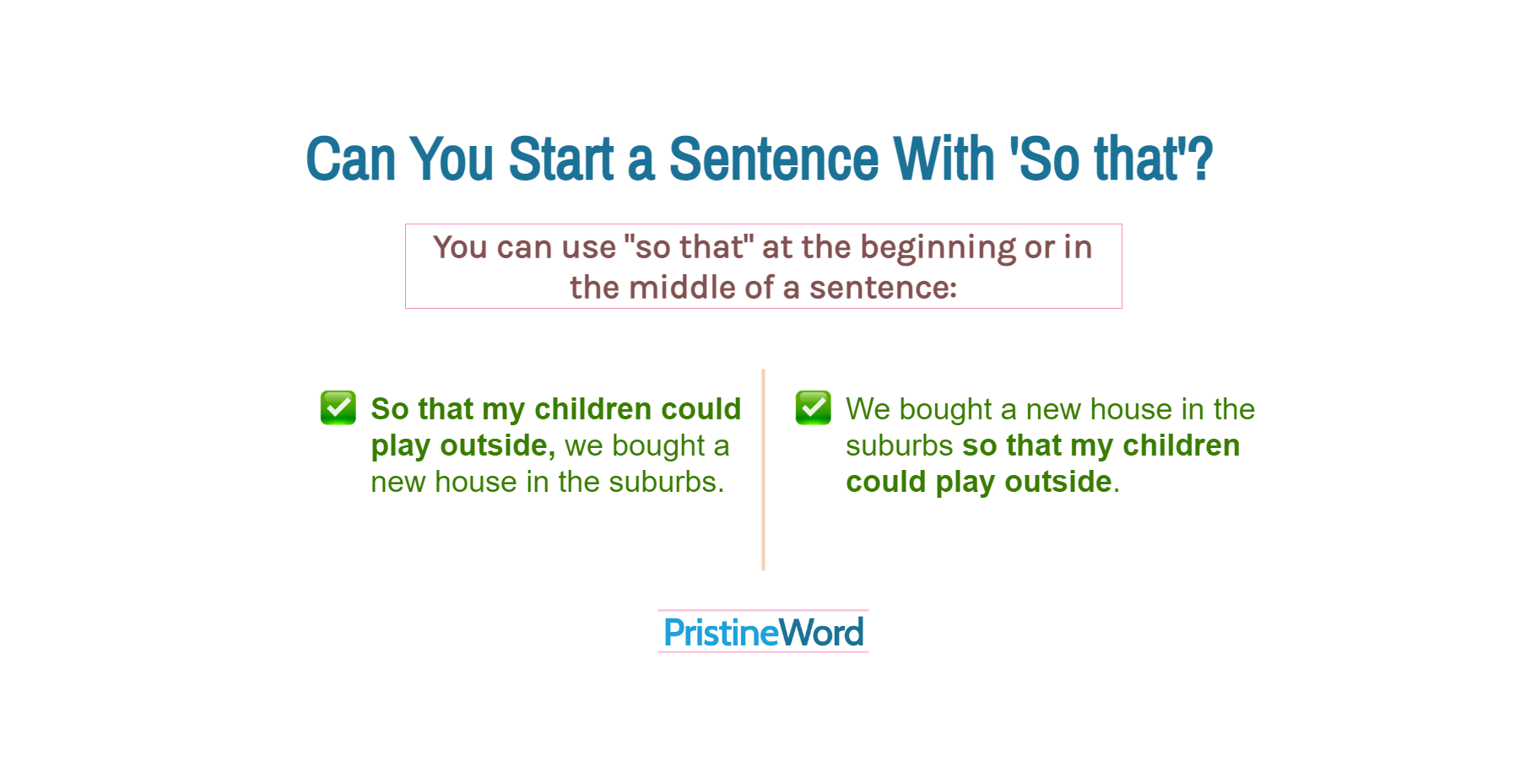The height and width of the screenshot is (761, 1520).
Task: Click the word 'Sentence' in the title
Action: click(773, 159)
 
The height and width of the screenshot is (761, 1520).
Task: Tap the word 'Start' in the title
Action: click(561, 159)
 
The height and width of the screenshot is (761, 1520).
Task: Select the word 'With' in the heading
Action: click(944, 159)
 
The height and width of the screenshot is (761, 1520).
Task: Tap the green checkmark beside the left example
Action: click(338, 408)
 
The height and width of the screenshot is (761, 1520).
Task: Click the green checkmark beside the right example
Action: click(814, 408)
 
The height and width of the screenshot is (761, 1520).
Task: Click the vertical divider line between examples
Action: click(763, 469)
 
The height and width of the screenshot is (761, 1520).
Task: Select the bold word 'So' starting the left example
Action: click(390, 409)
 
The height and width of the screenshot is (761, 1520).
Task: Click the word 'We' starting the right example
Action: click(868, 409)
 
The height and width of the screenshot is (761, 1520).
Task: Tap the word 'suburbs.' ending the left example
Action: click(666, 482)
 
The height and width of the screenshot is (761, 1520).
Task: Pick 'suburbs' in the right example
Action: click(899, 445)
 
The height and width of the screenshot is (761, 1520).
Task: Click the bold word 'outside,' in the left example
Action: click(497, 445)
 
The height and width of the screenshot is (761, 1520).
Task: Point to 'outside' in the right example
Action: click(1058, 482)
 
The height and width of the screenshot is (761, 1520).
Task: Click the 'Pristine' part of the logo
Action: click(720, 633)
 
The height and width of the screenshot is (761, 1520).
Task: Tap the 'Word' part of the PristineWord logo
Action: click(821, 633)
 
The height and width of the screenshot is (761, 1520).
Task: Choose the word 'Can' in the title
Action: click(350, 159)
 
